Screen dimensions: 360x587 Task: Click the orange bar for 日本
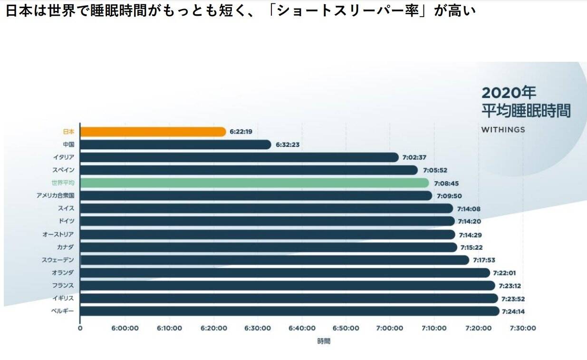[153, 132]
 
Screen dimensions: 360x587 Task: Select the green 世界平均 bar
[254, 183]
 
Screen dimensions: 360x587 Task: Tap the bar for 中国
[175, 145]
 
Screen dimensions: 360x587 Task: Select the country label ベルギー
[63, 311]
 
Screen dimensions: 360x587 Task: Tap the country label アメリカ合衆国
[56, 195]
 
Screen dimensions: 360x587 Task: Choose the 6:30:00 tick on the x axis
[258, 328]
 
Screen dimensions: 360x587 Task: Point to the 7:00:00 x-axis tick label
[390, 328]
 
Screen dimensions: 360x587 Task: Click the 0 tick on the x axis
[80, 328]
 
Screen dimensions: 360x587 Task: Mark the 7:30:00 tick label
[523, 328]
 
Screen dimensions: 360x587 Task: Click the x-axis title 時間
[324, 341]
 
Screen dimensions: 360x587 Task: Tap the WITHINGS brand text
[503, 129]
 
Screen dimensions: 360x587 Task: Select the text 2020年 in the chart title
[509, 92]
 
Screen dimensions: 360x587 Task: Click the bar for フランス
[288, 285]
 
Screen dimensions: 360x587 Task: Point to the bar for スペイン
[249, 170]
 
